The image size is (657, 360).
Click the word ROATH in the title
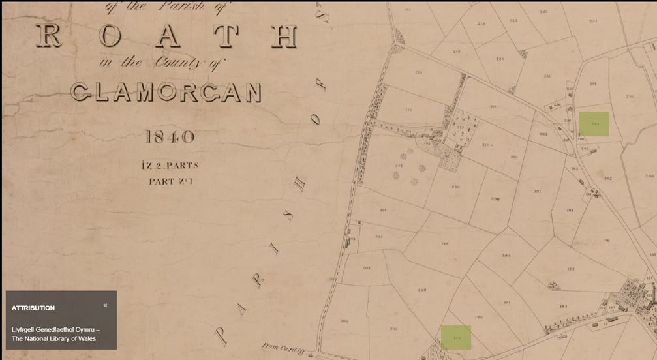coord(167,36)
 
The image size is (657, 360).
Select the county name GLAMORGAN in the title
coord(166,93)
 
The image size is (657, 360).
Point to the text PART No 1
coord(170,181)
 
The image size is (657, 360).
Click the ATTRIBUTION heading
coord(33,308)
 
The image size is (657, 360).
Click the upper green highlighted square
coord(594,124)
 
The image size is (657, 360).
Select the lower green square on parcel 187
coord(455,337)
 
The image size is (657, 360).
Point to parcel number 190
coord(506,256)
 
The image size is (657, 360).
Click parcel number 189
coord(444,243)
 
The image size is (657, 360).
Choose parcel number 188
coord(421,290)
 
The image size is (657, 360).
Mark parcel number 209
coord(495,199)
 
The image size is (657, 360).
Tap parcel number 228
coord(500,59)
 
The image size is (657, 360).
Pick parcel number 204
coord(366,268)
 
